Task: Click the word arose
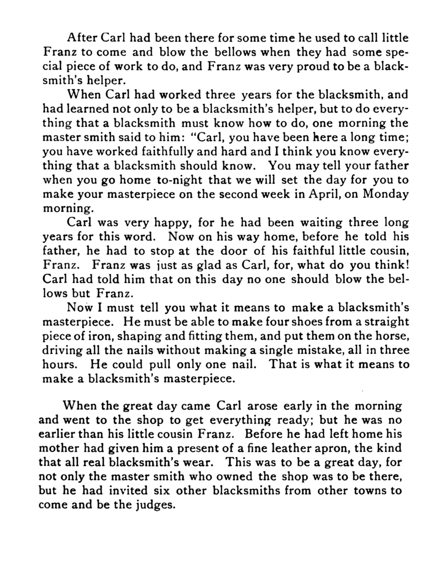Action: [x=262, y=406]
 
